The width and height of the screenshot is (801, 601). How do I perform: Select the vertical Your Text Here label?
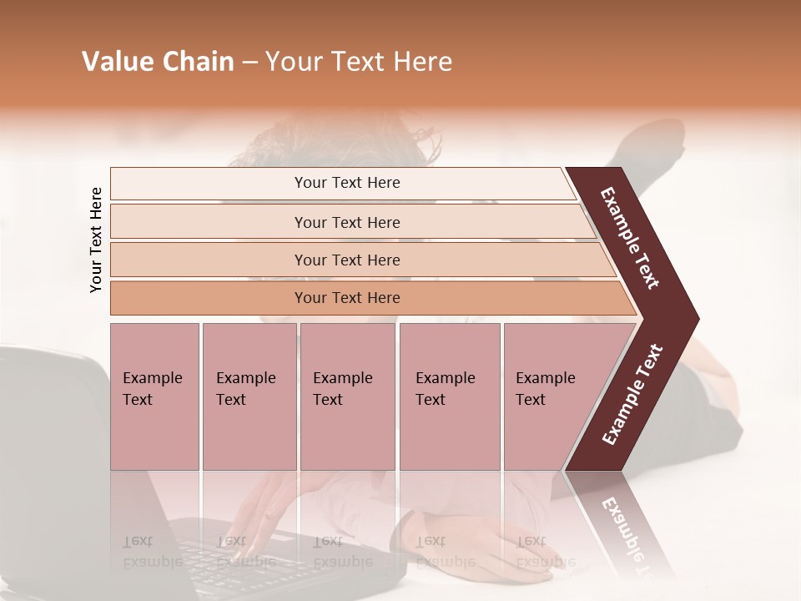96,240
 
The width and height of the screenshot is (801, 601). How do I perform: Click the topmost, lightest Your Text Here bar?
346,183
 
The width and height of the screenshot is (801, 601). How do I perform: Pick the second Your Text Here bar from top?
346,222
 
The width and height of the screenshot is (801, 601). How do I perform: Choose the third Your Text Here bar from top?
346,260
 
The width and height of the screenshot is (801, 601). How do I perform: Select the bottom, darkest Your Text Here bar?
346,298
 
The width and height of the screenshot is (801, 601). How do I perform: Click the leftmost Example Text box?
154,396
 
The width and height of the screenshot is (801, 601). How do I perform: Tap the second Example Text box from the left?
249,396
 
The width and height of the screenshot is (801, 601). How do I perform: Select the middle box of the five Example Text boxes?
347,396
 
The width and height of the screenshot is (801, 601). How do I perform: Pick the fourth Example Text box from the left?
450,396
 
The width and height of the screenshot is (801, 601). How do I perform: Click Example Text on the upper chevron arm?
631,238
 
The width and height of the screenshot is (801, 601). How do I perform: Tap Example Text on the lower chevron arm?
632,395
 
